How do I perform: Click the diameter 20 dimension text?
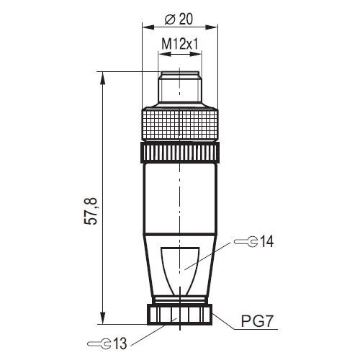[x=180, y=19]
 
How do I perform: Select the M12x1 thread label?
[x=180, y=44]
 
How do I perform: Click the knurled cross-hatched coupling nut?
[x=180, y=124]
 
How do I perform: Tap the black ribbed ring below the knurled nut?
[x=180, y=153]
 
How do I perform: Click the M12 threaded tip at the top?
[x=180, y=88]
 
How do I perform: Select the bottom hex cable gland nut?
[x=180, y=315]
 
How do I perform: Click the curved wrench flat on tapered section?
[x=180, y=270]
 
